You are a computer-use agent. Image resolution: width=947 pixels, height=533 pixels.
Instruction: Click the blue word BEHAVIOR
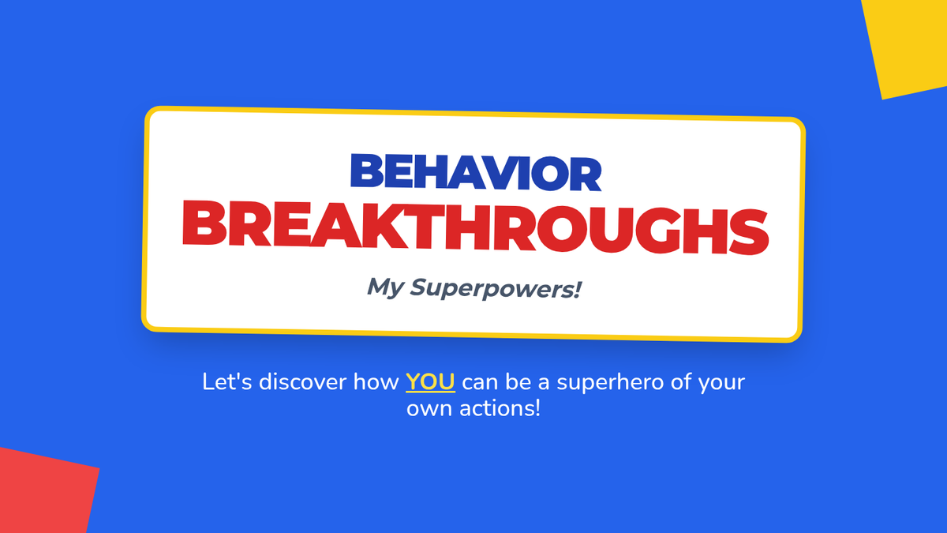476,172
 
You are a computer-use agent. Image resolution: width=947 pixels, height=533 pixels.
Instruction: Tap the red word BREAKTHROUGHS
476,227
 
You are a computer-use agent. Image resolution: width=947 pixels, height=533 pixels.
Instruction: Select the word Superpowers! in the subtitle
496,288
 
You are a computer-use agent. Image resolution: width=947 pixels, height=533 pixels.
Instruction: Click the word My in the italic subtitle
385,287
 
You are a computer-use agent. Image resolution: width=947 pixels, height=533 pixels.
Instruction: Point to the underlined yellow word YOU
430,382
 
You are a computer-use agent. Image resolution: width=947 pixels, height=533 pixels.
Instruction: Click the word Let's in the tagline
227,381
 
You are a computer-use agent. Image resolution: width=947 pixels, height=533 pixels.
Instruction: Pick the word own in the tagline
429,410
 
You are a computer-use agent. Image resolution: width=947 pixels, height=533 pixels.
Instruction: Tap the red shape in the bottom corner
46,490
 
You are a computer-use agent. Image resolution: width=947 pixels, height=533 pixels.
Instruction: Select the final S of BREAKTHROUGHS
748,232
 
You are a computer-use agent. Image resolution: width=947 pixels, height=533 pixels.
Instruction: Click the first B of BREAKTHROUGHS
204,223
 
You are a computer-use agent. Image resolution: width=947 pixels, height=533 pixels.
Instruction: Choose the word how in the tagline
376,381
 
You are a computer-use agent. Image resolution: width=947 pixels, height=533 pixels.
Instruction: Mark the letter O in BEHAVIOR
550,173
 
